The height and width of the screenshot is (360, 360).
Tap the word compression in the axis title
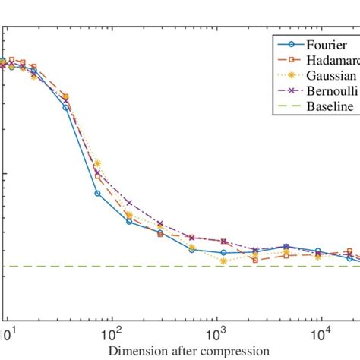pyautogui.click(x=236, y=350)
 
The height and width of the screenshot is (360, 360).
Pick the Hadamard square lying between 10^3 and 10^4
pyautogui.click(x=255, y=260)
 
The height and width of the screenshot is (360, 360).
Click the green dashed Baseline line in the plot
pyautogui.click(x=152, y=267)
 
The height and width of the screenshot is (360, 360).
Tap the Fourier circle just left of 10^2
pyautogui.click(x=97, y=193)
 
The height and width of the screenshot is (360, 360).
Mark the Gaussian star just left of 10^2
pyautogui.click(x=97, y=163)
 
